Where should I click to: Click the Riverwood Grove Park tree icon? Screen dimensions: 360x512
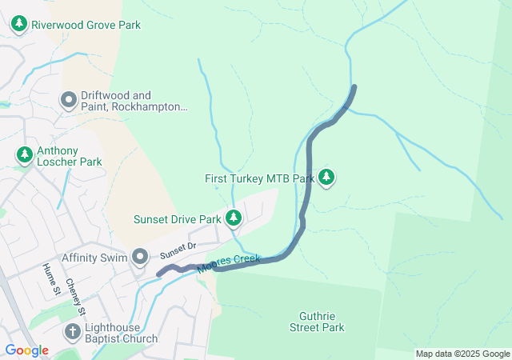click(19, 25)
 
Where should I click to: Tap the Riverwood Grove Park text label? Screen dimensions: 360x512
click(86, 25)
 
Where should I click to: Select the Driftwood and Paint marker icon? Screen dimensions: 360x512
click(69, 101)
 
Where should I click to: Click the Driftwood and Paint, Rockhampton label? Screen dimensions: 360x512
click(134, 101)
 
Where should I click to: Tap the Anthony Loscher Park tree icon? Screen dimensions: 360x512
click(25, 154)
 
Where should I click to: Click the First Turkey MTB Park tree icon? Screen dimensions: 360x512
click(326, 178)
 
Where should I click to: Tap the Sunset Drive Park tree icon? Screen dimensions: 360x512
click(234, 218)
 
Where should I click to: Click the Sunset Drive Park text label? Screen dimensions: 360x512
click(177, 218)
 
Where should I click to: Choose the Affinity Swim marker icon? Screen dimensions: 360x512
click(140, 257)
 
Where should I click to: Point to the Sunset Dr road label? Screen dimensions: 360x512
click(178, 250)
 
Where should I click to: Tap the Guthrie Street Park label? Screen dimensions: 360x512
click(317, 321)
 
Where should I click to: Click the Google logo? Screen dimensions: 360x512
click(26, 350)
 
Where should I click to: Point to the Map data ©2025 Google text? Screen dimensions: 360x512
click(462, 354)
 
